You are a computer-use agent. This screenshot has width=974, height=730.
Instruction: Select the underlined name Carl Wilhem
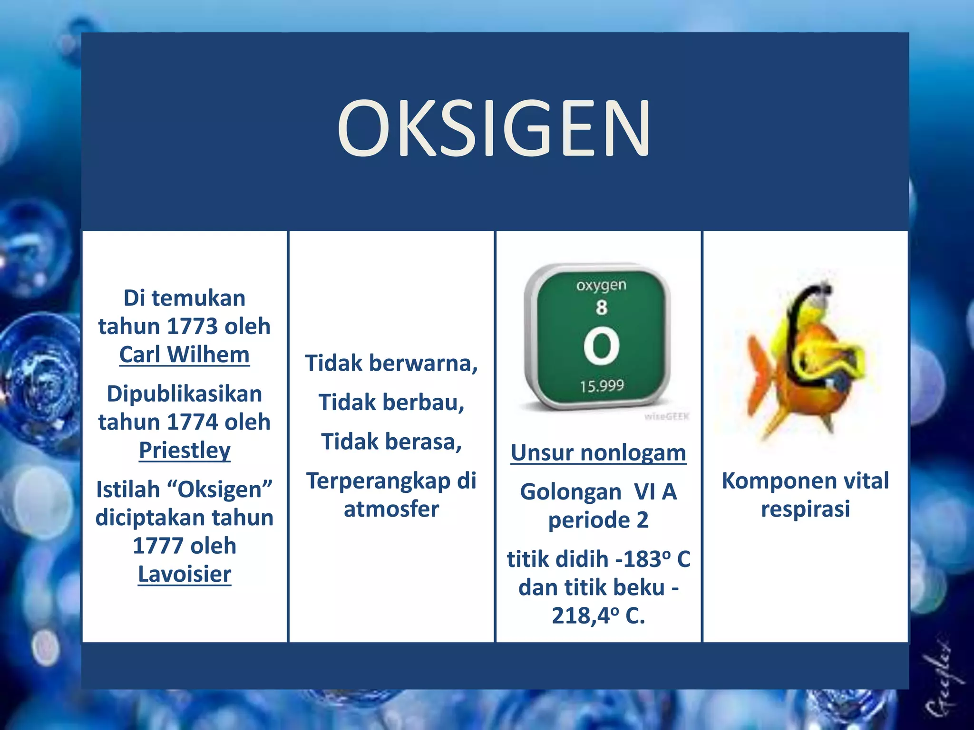point(185,355)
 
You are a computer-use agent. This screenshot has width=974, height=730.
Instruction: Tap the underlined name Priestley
point(185,450)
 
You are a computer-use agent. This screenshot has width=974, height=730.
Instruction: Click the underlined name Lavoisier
point(185,574)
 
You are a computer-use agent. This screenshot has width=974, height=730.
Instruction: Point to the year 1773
point(192,327)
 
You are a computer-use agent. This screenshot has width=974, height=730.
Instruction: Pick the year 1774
point(192,422)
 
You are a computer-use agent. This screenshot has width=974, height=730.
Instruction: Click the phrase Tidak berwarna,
point(391,363)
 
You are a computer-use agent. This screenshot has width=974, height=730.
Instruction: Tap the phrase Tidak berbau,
point(391,403)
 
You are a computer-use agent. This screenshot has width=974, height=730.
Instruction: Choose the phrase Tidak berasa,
point(391,442)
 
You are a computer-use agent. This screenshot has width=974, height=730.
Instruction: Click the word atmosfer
point(391,509)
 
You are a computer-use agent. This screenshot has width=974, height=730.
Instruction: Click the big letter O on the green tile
point(602,346)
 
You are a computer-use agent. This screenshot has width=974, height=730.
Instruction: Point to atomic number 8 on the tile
point(602,307)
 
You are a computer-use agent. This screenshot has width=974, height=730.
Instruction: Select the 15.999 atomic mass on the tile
point(602,385)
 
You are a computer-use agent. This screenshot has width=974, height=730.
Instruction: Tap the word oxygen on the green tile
point(602,285)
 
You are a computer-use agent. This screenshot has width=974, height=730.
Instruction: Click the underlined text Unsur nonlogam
point(598,452)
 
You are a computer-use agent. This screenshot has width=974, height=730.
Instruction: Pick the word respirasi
point(805,509)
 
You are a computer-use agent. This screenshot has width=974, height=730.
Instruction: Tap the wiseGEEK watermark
point(666,417)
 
